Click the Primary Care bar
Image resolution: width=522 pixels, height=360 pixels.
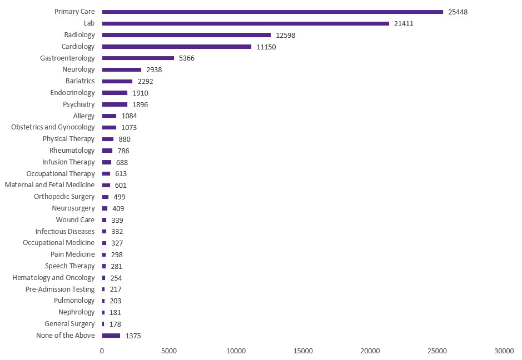point(272,12)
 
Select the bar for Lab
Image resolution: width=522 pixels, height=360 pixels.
point(245,23)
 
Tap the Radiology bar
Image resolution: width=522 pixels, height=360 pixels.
point(186,35)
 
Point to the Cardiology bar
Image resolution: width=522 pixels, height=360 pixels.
point(176,47)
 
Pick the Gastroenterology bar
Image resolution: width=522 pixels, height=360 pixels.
point(138,58)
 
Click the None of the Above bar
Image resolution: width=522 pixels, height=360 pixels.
point(111,336)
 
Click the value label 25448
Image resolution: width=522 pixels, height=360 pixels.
point(458,12)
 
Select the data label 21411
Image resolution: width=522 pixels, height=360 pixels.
point(404,23)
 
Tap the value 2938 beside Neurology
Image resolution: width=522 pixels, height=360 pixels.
point(154,70)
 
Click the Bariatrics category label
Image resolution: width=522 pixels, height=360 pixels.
point(80,81)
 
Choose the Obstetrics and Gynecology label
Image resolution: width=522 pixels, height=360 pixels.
point(53,127)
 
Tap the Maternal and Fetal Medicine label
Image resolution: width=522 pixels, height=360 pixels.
point(49,185)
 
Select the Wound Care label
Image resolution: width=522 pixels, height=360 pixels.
point(75,220)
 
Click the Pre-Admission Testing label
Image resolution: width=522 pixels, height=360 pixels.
point(60,289)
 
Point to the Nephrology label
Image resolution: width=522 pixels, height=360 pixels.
point(77,312)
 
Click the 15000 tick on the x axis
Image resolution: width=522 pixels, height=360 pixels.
point(303,351)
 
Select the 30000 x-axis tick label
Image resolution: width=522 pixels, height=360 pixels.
point(504,351)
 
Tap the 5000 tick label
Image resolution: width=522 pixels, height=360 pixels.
point(169,351)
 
